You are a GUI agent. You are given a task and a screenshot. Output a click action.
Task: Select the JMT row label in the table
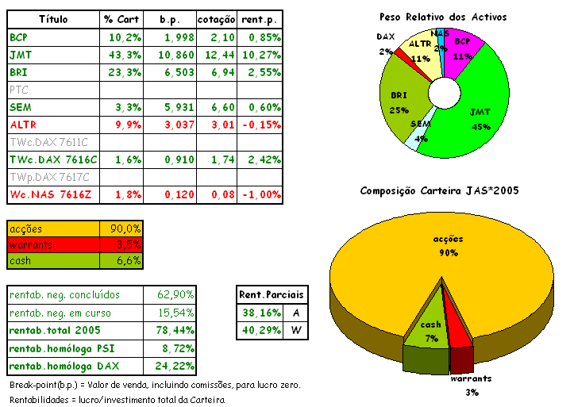pyautogui.click(x=19, y=55)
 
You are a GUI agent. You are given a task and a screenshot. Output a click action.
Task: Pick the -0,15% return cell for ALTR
pyautogui.click(x=261, y=125)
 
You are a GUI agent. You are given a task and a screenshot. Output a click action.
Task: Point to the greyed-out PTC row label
pyautogui.click(x=19, y=90)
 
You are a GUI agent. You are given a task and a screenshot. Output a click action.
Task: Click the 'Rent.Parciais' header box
pyautogui.click(x=272, y=294)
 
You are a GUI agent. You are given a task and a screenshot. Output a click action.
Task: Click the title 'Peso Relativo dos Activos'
pyautogui.click(x=443, y=17)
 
